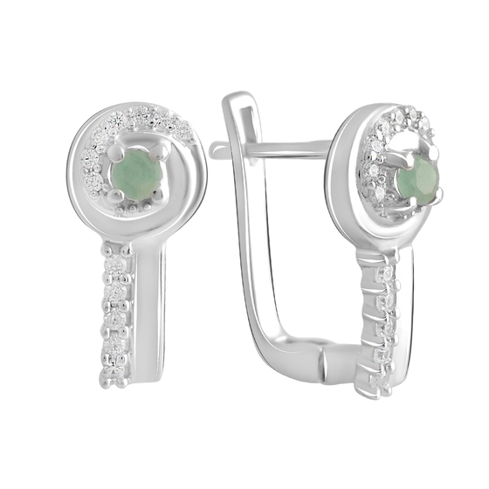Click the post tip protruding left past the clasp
[x=218, y=150]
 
